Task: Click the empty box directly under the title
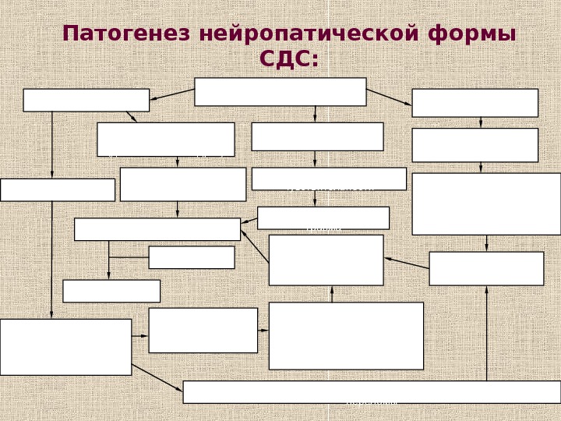(x=280, y=91)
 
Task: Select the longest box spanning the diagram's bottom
(x=372, y=391)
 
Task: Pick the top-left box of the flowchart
(x=86, y=100)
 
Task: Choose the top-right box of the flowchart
(x=475, y=102)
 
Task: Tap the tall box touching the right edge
(x=486, y=203)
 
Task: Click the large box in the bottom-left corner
(x=65, y=347)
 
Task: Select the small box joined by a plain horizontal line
(x=191, y=257)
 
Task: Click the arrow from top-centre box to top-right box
(x=389, y=97)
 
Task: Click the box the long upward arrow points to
(x=486, y=268)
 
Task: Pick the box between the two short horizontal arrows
(x=203, y=330)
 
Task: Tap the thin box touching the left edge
(x=57, y=189)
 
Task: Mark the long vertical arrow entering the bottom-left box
(x=52, y=257)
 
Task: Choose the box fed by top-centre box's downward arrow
(x=317, y=136)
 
